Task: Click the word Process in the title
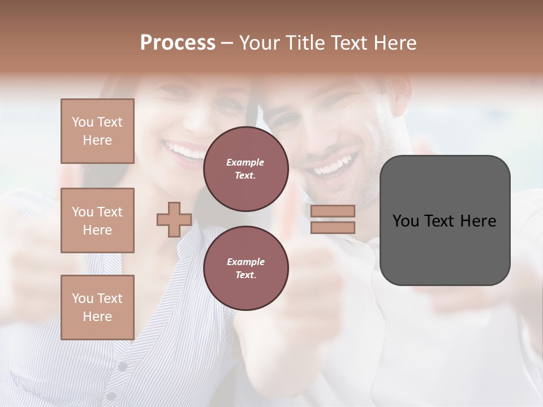click(178, 43)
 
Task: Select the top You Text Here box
click(97, 131)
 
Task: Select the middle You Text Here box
click(97, 220)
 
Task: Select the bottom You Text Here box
click(97, 308)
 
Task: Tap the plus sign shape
click(174, 219)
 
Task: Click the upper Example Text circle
click(245, 169)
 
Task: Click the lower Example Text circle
click(245, 269)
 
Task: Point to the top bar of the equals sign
click(333, 211)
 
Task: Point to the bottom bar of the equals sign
click(333, 227)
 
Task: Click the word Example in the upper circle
click(245, 162)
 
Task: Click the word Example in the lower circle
click(245, 262)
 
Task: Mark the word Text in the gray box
click(438, 220)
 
